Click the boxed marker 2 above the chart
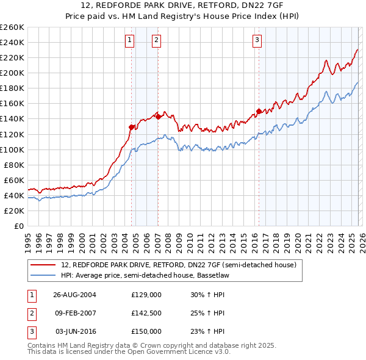157,41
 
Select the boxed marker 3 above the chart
257,41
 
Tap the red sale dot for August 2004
132,127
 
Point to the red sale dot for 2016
259,111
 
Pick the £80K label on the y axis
13,165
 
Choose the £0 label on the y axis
19,226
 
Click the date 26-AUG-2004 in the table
75,294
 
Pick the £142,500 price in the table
146,313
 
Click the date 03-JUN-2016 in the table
75,331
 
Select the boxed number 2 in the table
31,313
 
